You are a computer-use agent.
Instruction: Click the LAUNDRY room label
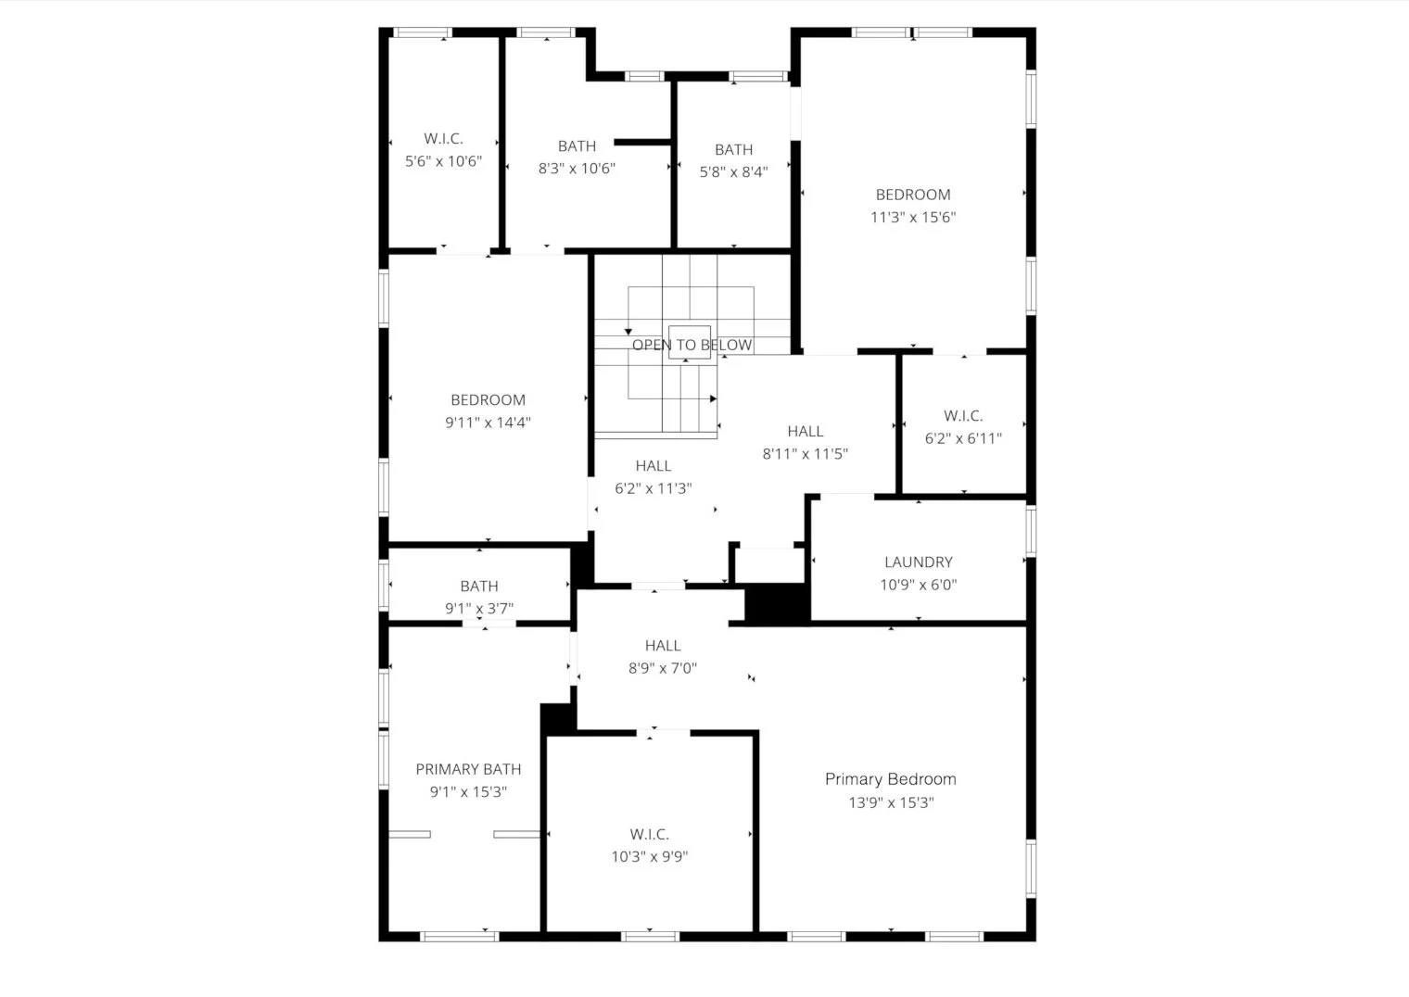point(919,562)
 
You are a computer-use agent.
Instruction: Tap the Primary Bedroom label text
point(891,779)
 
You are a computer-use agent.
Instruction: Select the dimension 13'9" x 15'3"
point(892,802)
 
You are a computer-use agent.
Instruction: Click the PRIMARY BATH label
point(469,769)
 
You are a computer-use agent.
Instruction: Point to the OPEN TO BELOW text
point(692,345)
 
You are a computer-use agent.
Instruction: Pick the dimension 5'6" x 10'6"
point(443,161)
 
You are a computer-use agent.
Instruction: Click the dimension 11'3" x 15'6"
point(913,218)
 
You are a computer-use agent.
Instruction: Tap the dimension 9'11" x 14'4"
point(489,423)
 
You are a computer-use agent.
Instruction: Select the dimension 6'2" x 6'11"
point(963,439)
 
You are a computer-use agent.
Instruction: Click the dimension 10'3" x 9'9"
point(650,857)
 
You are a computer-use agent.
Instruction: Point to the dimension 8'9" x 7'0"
point(663,668)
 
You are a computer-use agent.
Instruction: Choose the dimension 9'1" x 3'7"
point(479,609)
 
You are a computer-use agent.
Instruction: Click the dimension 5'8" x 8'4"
point(734,172)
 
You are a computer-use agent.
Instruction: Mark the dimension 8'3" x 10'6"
point(577,169)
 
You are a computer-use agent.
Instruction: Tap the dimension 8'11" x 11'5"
point(806,454)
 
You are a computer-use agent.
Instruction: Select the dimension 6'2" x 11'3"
point(654,488)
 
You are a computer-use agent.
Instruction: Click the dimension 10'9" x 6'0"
point(919,586)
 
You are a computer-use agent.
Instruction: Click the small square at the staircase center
point(690,342)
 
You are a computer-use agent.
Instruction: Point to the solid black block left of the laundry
point(778,603)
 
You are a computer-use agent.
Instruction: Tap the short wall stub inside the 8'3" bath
point(642,142)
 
